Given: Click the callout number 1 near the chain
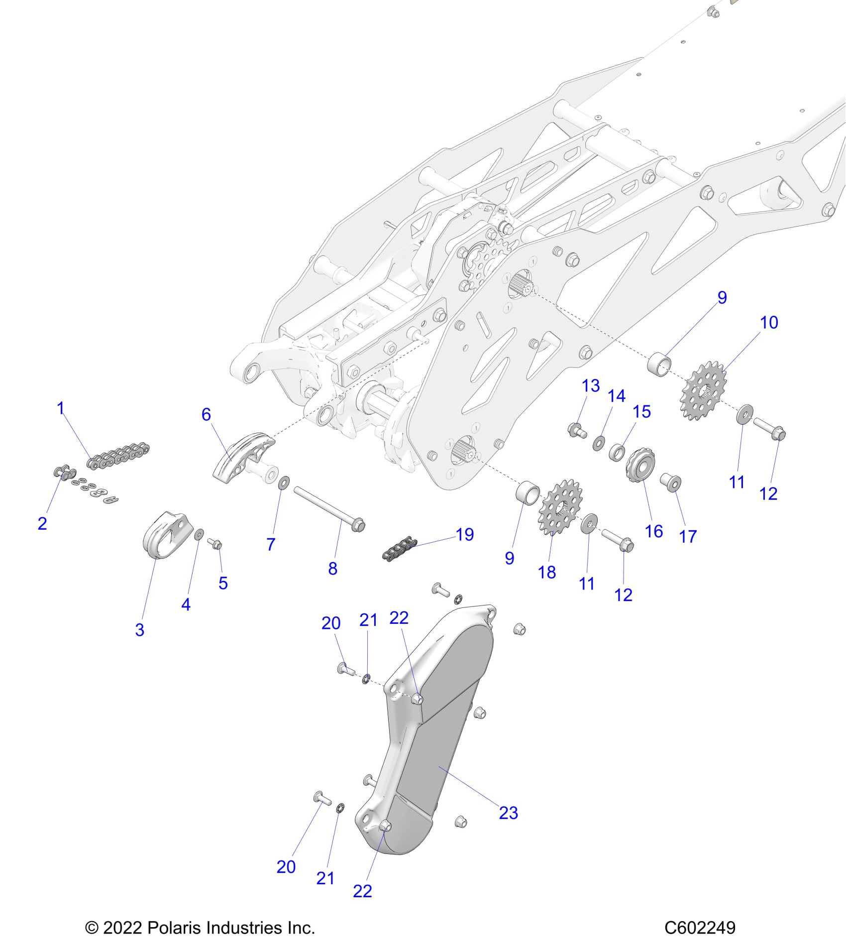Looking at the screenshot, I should pos(61,408).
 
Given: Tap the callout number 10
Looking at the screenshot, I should pos(769,322).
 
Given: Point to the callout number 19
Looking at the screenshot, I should pos(465,534).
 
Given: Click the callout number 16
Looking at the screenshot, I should pos(654,531).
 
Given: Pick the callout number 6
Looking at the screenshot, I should pos(206,414).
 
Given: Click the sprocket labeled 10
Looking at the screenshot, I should pos(703,391).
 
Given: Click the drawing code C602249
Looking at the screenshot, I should pos(700,928).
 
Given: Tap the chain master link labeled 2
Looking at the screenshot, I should pos(65,473).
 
